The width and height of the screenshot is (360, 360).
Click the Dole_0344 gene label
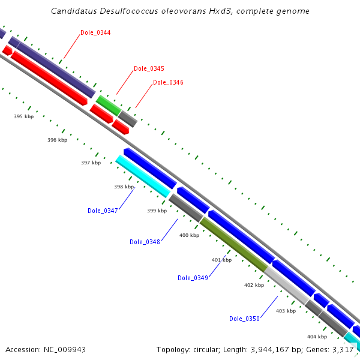[95, 32]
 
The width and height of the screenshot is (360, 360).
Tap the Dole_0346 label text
[168, 82]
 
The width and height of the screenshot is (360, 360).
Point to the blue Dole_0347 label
[103, 211]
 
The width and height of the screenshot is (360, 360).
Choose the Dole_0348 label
[145, 242]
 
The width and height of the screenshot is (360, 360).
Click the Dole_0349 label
[193, 278]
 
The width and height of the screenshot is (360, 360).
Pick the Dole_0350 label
[244, 319]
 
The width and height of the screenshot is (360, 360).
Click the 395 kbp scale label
[24, 116]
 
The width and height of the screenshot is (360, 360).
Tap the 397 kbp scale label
[91, 163]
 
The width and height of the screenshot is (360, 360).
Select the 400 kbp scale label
[189, 235]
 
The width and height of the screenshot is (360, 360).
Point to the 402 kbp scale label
[254, 285]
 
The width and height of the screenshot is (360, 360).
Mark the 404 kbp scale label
[317, 337]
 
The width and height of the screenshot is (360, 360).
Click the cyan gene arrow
[143, 176]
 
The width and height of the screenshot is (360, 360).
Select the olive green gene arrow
[233, 243]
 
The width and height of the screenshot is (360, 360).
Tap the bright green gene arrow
[109, 105]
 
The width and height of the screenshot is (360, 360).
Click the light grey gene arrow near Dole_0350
[287, 284]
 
